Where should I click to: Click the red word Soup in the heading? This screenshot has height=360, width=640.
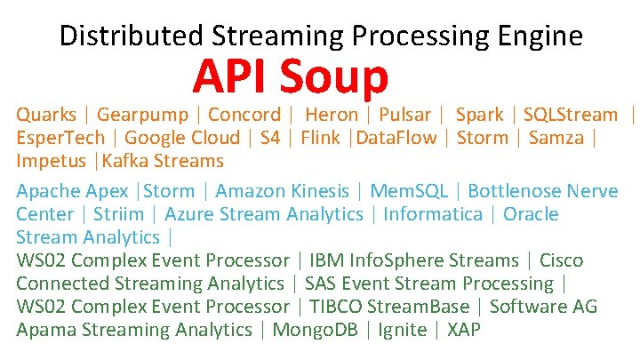[x=333, y=78]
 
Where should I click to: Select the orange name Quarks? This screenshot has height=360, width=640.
[x=46, y=115]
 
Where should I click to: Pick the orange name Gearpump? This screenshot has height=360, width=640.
[x=141, y=115]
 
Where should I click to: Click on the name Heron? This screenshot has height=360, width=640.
[x=332, y=115]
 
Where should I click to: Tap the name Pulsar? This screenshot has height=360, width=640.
[x=404, y=115]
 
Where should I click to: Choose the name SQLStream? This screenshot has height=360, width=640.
[x=570, y=115]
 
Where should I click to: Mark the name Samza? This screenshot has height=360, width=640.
[x=556, y=138]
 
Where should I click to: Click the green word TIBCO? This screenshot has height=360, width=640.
[x=334, y=307]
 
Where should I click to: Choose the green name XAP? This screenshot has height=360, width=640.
[x=464, y=330]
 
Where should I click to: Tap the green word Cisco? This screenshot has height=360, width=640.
[x=562, y=260]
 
